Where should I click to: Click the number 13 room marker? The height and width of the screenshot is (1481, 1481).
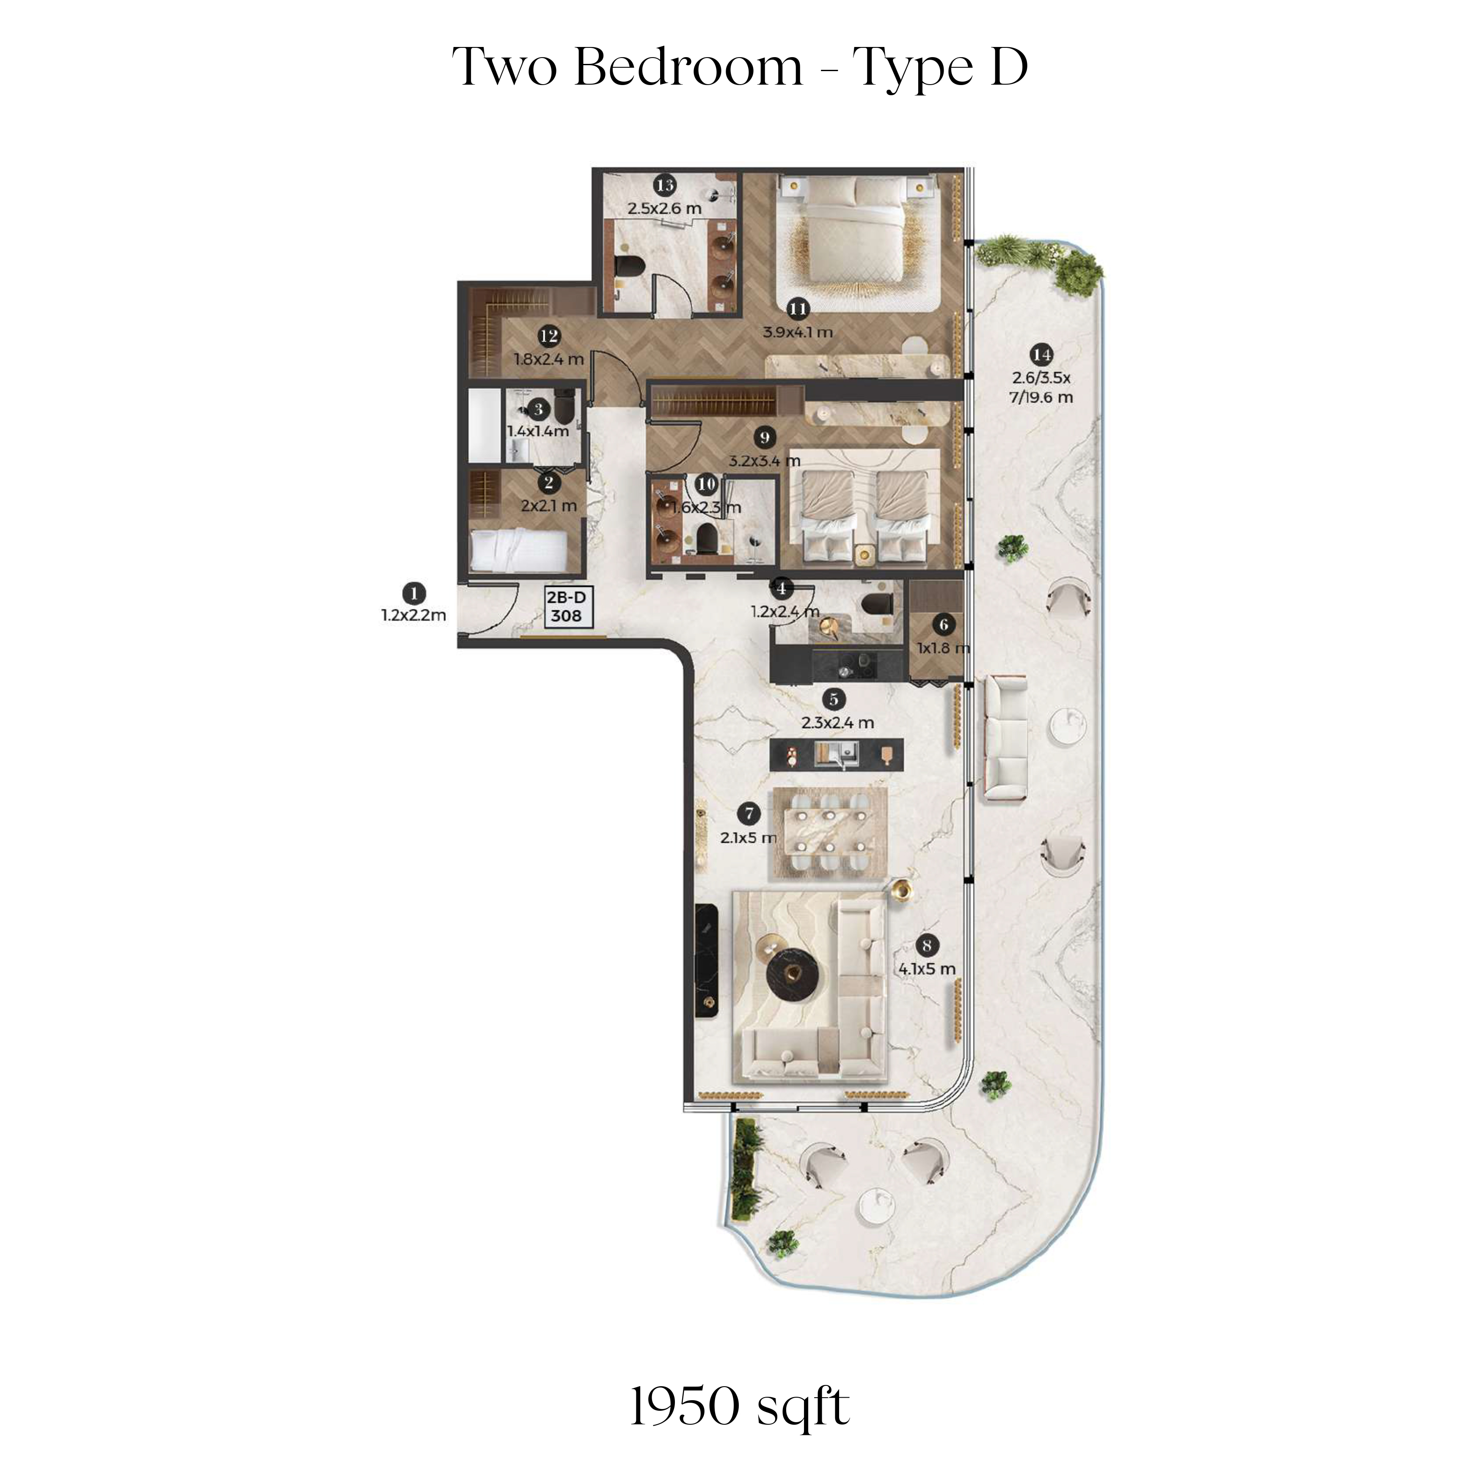click(x=665, y=185)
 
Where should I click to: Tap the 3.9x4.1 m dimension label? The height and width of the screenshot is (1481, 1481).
click(x=797, y=333)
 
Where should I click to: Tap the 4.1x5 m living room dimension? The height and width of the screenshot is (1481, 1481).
click(x=927, y=969)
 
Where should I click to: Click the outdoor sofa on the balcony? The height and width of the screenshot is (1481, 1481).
click(x=1005, y=738)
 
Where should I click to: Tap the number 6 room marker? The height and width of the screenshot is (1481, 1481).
click(x=944, y=625)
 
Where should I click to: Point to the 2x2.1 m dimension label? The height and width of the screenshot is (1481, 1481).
click(x=549, y=506)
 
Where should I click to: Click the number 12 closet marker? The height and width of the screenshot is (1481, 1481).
click(x=549, y=336)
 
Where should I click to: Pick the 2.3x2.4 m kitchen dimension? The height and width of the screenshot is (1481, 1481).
click(x=837, y=723)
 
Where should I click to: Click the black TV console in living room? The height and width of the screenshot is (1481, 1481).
click(x=706, y=961)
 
